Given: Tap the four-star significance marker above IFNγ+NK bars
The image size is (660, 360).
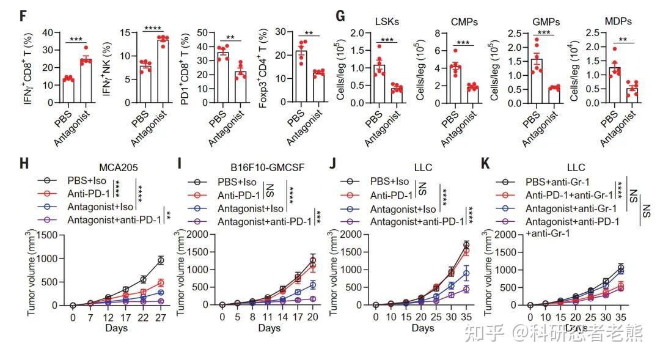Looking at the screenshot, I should coord(153,28).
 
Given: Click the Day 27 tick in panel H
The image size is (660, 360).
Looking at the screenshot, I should coord(161,318).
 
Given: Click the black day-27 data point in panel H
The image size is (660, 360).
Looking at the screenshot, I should coord(161,260).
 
